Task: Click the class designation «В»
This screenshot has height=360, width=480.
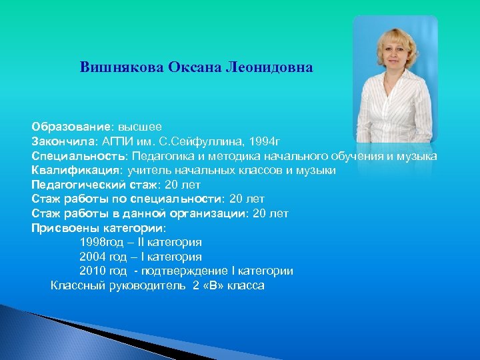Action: [x=213, y=286]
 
